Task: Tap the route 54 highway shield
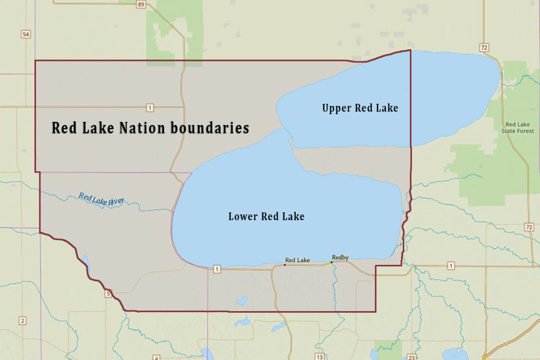26,34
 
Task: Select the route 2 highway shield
22,320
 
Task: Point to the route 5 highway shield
108,293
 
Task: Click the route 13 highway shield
319,357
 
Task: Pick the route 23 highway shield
411,357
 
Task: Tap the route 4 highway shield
156,357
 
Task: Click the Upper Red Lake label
360,108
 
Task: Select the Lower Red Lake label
266,216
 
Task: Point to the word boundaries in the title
210,128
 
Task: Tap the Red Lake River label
101,199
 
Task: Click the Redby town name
340,257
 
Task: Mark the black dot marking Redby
332,262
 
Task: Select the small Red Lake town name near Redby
297,260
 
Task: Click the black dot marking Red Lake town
285,265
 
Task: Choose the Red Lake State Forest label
517,128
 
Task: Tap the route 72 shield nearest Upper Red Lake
484,48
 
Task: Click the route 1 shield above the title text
149,108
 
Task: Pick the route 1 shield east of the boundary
451,266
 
